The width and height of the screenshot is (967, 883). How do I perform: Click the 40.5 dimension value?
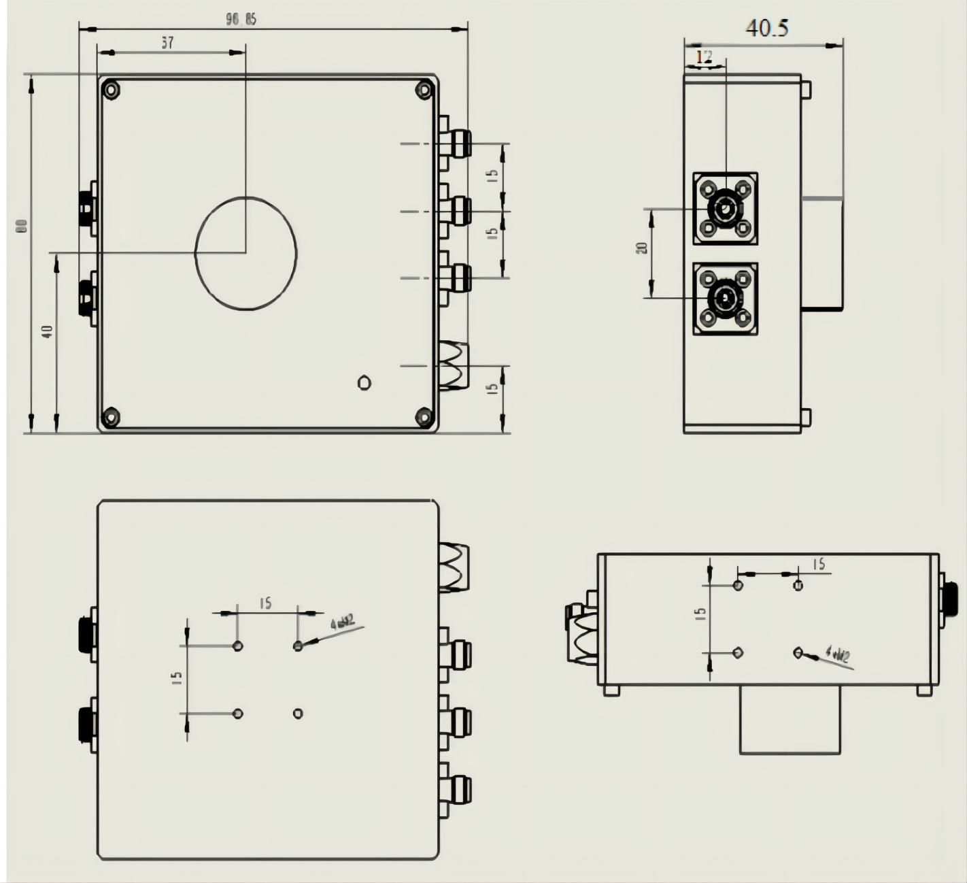[x=767, y=29]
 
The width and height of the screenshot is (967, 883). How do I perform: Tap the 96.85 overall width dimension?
[x=241, y=20]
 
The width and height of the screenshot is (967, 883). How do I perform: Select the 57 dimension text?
[x=167, y=44]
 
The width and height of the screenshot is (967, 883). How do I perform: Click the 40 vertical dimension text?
[x=48, y=332]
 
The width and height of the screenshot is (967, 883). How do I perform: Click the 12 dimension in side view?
[x=705, y=57]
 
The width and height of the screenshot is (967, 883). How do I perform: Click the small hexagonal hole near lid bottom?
[x=364, y=382]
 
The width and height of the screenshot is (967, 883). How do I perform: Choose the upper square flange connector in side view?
[x=726, y=208]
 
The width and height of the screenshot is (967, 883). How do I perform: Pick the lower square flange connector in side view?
[x=726, y=298]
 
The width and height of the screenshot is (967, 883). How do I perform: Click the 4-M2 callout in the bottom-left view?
[x=342, y=622]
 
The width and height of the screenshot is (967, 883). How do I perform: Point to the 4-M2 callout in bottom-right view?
[x=837, y=654]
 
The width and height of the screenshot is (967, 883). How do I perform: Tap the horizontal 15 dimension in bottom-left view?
[x=265, y=603]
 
